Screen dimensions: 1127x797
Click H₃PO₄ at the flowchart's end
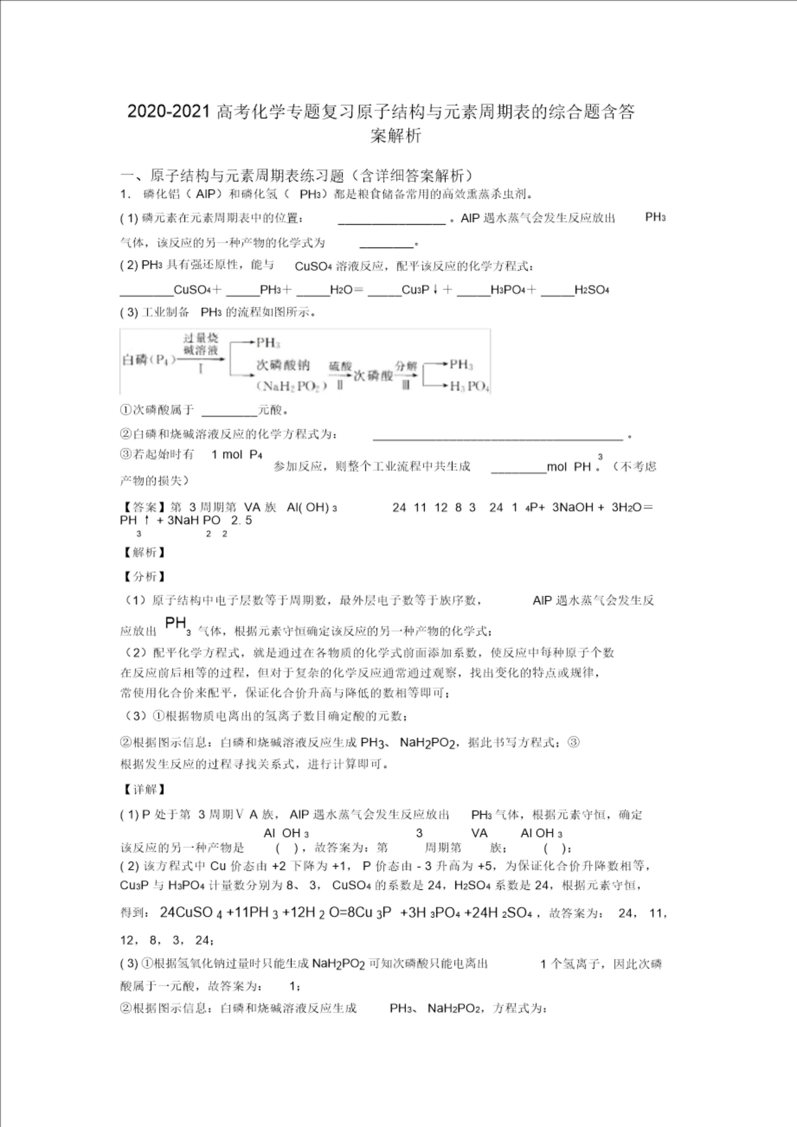(x=469, y=386)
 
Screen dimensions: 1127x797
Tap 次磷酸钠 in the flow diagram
(x=283, y=365)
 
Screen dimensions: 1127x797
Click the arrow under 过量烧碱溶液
(x=201, y=359)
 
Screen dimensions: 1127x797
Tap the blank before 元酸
(x=229, y=410)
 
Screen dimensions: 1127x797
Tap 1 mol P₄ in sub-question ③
(x=237, y=454)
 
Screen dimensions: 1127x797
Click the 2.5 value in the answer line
(x=242, y=520)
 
